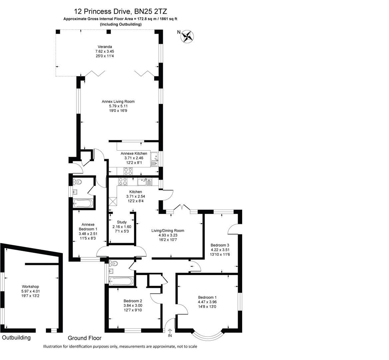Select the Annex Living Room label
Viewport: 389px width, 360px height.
[118, 101]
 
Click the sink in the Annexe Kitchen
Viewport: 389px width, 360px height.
[155, 159]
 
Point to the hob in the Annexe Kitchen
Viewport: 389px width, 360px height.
[128, 171]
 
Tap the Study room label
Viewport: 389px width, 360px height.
[122, 222]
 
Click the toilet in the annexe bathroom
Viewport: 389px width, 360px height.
[77, 182]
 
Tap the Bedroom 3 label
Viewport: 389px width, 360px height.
[220, 245]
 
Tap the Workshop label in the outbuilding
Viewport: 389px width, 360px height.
[30, 286]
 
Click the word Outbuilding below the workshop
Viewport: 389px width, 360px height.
[16, 337]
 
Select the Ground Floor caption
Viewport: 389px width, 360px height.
[84, 338]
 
